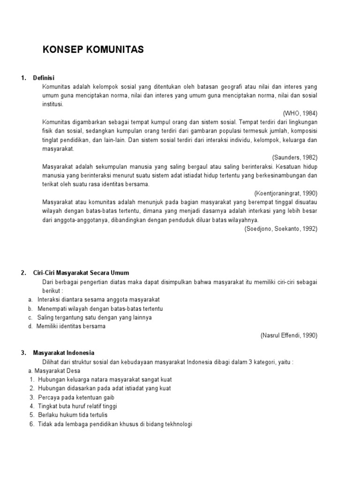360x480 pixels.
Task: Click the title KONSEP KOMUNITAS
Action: [x=93, y=50]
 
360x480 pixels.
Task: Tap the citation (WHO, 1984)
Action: [x=300, y=113]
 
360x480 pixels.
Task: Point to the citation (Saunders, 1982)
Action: [x=294, y=157]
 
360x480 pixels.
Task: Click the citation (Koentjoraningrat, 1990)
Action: [x=286, y=193]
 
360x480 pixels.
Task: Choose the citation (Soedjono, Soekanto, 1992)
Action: [x=281, y=228]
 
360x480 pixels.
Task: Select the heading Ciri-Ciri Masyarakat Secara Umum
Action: [x=81, y=272]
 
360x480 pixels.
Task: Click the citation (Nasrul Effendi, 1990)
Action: [x=289, y=335]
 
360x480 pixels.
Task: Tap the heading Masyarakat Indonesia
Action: [x=64, y=352]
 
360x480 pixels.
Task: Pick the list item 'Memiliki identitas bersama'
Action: [x=72, y=326]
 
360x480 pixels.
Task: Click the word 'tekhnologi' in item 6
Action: [x=178, y=424]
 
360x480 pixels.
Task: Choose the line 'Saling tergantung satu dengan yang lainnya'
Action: [x=95, y=317]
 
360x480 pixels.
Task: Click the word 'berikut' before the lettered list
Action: [x=51, y=290]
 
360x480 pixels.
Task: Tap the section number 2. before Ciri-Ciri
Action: [x=23, y=272]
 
